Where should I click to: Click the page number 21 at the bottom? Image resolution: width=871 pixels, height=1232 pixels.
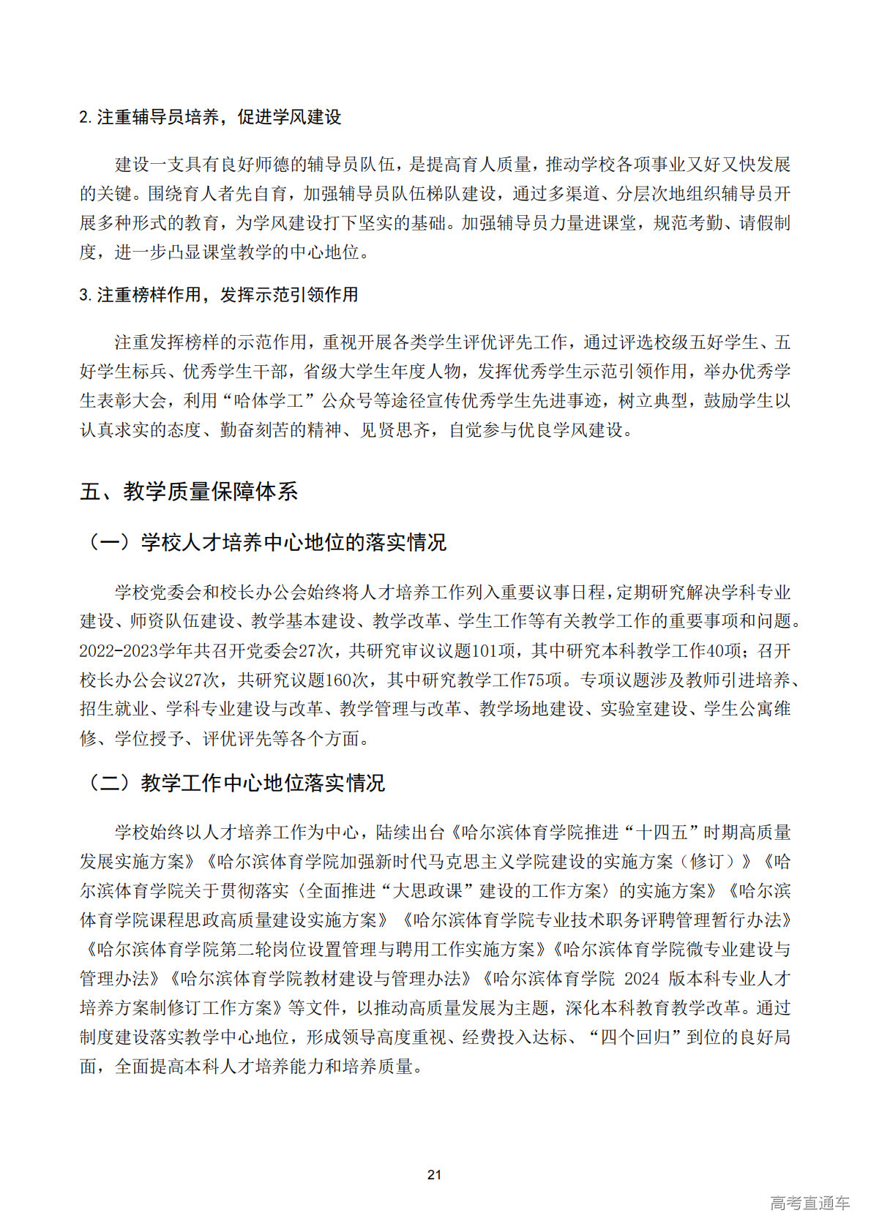click(x=434, y=1174)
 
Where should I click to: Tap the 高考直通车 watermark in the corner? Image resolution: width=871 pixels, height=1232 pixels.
click(x=810, y=1203)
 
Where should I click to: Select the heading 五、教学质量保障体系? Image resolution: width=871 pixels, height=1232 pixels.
click(x=189, y=492)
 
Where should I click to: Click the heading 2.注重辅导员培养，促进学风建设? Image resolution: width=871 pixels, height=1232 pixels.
click(x=210, y=117)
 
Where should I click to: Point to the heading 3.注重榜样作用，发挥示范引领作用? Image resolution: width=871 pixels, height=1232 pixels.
click(x=219, y=295)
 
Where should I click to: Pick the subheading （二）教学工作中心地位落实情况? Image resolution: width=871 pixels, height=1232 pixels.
click(x=235, y=783)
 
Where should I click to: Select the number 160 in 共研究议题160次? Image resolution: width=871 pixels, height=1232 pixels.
click(x=339, y=680)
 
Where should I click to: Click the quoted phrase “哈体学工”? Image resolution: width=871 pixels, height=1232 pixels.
click(x=275, y=401)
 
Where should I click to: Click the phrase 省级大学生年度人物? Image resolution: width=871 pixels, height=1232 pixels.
click(x=382, y=372)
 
